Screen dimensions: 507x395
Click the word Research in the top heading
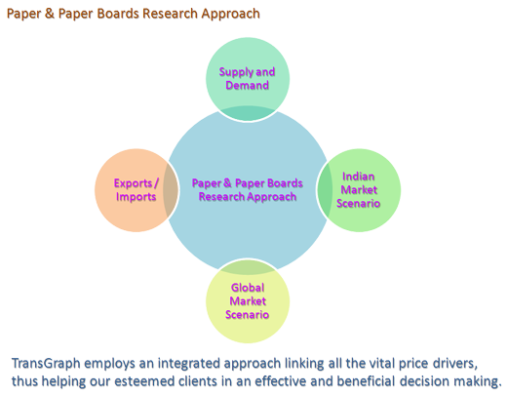point(170,14)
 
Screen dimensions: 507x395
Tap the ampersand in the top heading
point(50,14)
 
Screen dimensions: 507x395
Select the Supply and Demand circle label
point(247,78)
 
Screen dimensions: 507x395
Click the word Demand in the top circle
point(247,85)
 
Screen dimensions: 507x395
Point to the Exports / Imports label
point(136,190)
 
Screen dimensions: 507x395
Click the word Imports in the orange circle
point(136,197)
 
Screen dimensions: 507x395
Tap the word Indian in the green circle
point(358,177)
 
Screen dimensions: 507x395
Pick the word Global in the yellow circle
point(248,288)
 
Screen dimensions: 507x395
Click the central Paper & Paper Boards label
point(247,182)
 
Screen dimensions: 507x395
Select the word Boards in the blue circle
point(283,182)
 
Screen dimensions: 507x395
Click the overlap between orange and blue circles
point(171,190)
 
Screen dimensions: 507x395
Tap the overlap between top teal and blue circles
point(248,113)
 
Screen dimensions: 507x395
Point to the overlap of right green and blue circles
point(324,190)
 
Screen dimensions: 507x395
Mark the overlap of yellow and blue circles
point(248,266)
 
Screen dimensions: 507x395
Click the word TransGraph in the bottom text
point(46,364)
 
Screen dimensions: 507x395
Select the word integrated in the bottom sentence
point(186,364)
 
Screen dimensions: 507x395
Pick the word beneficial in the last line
point(366,381)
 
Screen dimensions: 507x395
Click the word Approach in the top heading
point(230,15)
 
